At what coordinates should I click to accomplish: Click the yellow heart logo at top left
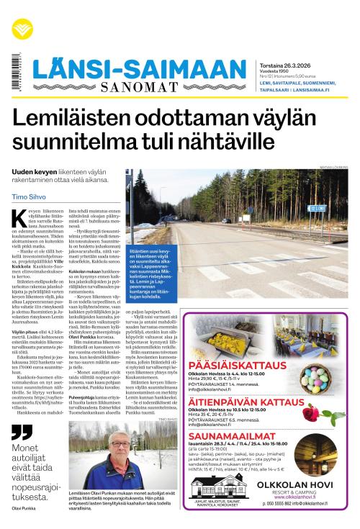[22, 29]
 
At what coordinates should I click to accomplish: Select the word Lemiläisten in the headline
[79, 119]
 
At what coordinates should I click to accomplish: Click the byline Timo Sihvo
[28, 196]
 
